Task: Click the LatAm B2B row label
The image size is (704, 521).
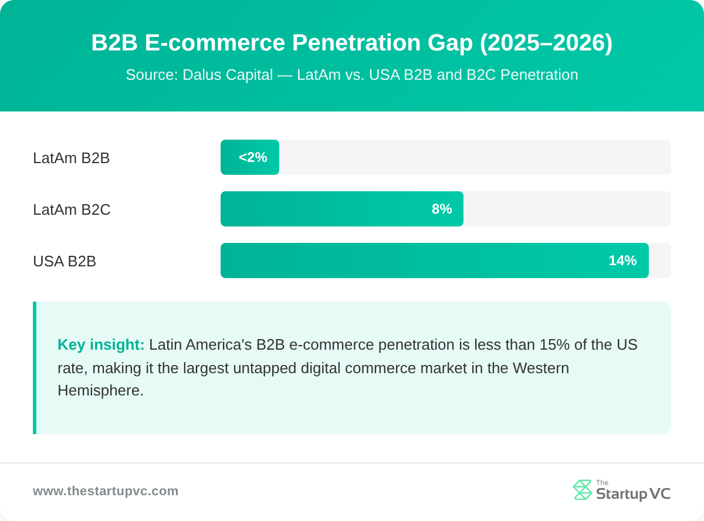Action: (71, 158)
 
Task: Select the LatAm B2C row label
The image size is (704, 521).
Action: (72, 209)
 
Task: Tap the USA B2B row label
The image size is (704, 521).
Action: (65, 261)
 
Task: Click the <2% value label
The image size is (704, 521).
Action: (253, 157)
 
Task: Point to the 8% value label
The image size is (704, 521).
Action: (442, 209)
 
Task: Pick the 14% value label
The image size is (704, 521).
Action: (622, 260)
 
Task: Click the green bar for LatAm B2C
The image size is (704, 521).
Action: (329, 209)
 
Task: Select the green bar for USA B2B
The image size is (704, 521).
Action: (411, 260)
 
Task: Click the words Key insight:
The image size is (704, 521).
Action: (101, 344)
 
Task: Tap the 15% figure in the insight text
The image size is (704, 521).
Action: (554, 344)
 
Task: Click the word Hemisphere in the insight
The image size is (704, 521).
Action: (100, 390)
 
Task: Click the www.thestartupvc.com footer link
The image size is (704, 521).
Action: (106, 491)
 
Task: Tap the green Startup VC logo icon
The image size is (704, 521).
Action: (582, 490)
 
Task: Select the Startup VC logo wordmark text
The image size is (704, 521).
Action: (633, 493)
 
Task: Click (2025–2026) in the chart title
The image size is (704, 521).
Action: (546, 43)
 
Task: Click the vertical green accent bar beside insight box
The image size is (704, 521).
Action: (35, 368)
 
